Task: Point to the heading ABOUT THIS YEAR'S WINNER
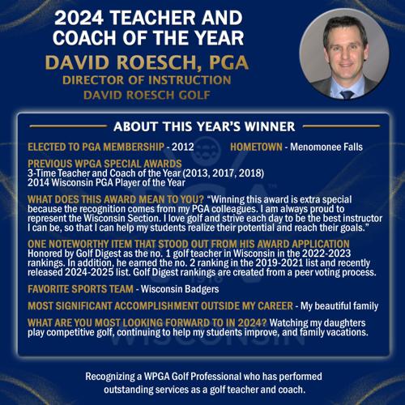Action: [203, 126]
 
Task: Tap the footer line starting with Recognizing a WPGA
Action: [202, 377]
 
